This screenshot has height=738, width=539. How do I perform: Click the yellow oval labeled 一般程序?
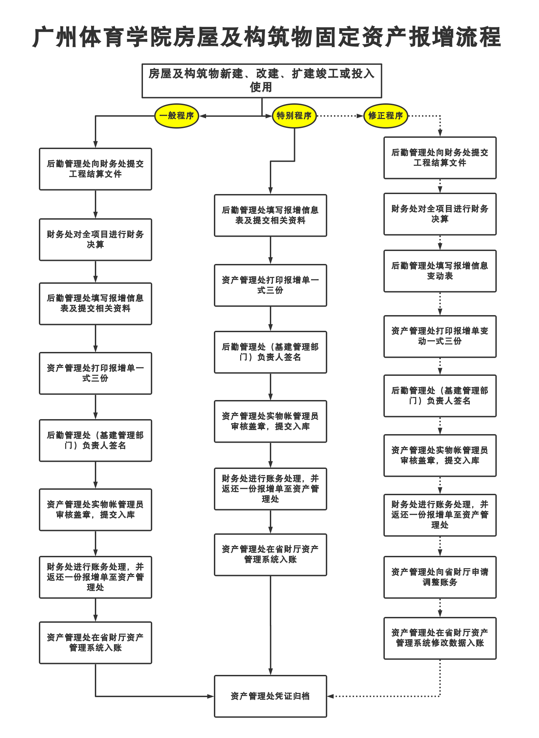176,116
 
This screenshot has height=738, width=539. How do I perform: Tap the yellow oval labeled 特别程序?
294,116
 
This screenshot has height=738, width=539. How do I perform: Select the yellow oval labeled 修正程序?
385,116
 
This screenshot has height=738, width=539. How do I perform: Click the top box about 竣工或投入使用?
262,80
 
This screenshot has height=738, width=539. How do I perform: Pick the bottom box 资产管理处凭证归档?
270,696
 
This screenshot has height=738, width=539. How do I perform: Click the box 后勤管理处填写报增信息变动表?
440,271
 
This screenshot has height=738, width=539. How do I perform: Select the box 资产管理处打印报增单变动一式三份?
440,336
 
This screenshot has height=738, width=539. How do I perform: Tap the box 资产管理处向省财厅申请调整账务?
440,577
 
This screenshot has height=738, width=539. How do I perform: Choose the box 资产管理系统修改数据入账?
440,638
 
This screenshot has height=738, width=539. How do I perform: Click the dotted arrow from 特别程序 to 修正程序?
339,116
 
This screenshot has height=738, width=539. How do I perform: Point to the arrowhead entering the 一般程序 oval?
202,116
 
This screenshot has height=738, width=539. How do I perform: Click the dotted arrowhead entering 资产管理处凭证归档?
330,696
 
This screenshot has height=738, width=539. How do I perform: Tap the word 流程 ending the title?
478,37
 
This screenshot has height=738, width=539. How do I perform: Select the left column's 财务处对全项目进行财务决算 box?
95,239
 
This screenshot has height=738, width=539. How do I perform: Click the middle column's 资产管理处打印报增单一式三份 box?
270,285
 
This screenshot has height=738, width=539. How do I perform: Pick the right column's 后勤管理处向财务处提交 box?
440,158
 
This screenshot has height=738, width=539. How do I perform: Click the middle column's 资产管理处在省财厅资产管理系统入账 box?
270,555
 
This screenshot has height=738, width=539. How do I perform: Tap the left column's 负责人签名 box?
95,440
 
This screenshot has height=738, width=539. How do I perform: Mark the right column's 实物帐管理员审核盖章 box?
440,455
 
